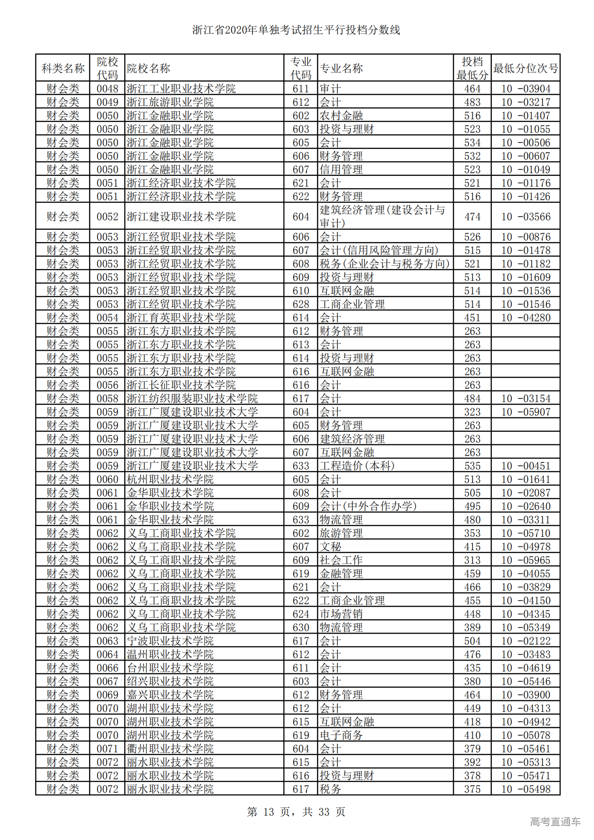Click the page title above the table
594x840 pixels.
point(296,31)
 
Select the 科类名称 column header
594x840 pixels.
point(63,69)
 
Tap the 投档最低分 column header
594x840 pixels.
point(472,69)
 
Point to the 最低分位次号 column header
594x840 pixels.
point(525,69)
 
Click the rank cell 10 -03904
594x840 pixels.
point(525,89)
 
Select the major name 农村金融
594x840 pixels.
point(341,116)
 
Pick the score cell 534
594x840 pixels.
point(472,143)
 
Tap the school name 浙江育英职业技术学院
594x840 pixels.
point(181,318)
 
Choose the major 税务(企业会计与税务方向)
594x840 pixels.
point(385,264)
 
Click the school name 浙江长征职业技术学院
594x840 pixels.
point(181,385)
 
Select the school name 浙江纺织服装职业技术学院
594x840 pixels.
point(192,399)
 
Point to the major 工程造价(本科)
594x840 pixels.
point(357,466)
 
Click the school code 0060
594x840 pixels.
point(107,480)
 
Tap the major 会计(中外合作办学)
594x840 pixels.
point(368,507)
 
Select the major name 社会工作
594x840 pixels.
point(341,560)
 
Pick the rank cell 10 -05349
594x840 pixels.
point(525,628)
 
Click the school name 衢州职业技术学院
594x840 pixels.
point(170,749)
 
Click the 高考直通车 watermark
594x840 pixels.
point(555,821)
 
